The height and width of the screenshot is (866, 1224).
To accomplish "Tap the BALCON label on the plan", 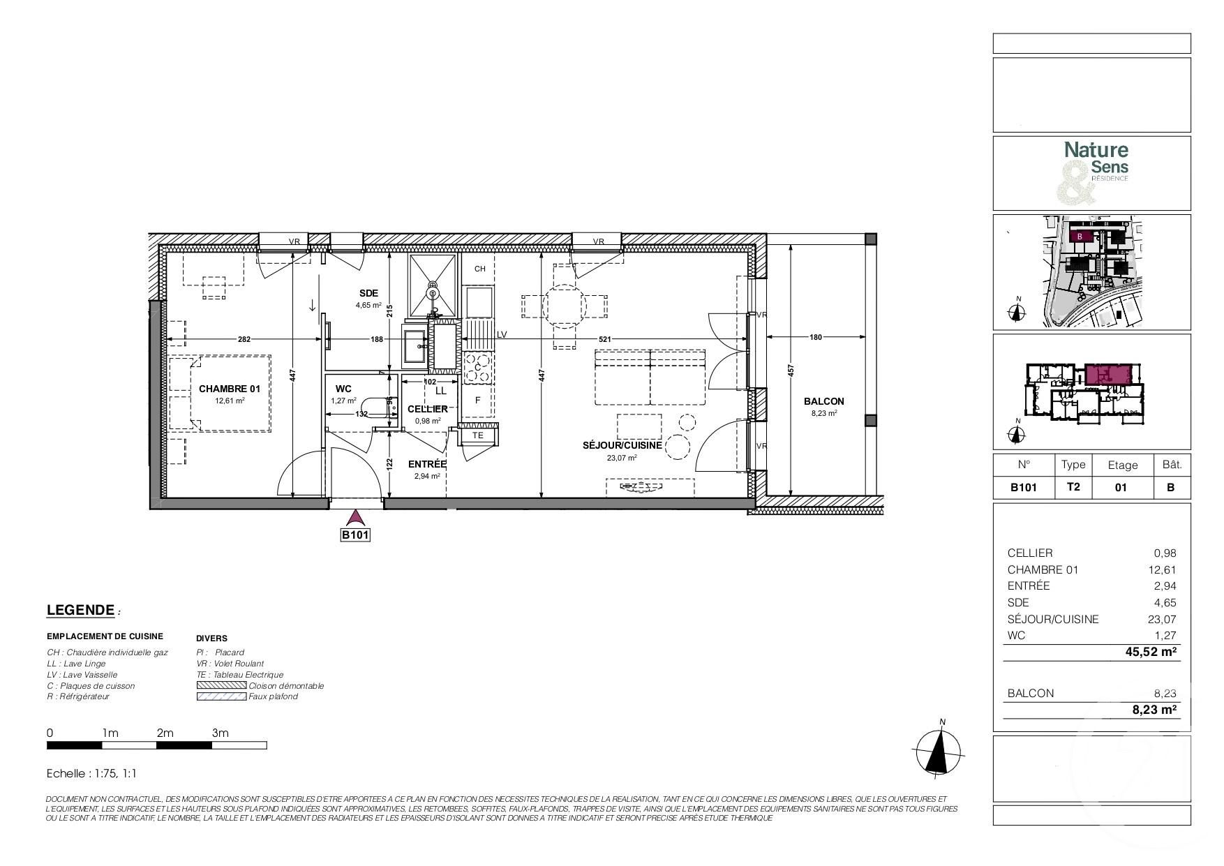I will coord(823,401).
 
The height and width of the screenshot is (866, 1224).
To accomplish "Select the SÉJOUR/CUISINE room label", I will coord(622,445).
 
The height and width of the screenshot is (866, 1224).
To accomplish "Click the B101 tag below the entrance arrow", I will coord(355,535).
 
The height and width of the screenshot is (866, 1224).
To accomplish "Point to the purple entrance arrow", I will coord(356,517).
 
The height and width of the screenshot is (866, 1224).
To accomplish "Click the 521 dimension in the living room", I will coord(605,338).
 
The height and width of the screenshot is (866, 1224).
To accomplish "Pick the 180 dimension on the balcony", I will coord(815,338).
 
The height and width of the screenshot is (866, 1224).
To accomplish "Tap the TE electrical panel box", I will coord(478,435).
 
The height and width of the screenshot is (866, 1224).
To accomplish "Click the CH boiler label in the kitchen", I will coord(479,269).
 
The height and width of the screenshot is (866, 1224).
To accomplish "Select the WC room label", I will coord(343,389).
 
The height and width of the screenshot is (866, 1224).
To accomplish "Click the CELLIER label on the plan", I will coord(427,409).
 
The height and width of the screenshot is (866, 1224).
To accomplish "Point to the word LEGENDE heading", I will coord(80,610).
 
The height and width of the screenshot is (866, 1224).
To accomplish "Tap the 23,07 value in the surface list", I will coord(1162,619).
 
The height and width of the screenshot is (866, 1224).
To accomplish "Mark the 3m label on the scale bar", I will coord(220,733).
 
